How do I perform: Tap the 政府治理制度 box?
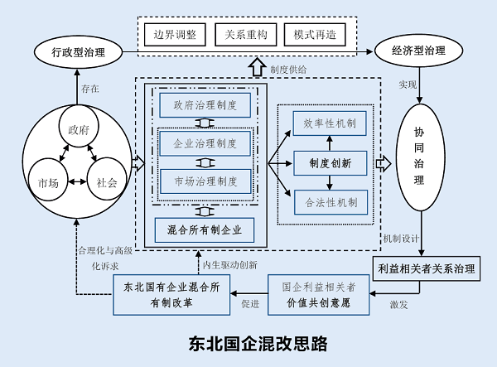(205, 106)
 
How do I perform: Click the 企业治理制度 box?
(205, 143)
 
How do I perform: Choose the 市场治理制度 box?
(205, 181)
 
